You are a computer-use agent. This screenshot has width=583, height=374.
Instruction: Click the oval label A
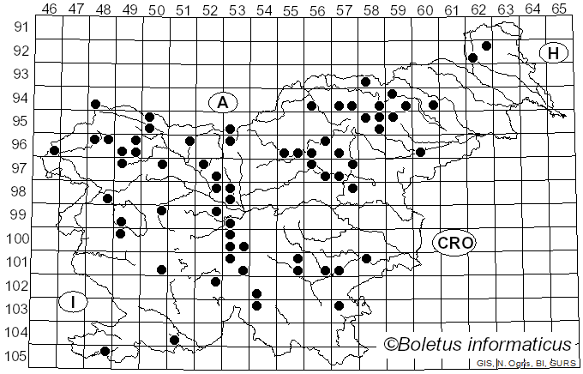click(x=222, y=102)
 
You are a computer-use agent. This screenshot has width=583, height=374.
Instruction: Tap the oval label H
click(x=554, y=53)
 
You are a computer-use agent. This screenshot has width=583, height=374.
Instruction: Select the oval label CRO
click(x=454, y=243)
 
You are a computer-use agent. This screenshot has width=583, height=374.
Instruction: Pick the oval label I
click(x=74, y=301)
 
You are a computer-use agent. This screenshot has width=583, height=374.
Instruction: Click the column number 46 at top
click(x=50, y=9)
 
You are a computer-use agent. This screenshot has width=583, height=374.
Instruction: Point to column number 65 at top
click(x=558, y=9)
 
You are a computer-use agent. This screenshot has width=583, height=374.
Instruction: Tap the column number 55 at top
click(x=291, y=9)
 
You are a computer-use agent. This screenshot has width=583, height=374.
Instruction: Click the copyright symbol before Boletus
click(x=390, y=345)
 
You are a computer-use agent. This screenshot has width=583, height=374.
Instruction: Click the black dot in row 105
click(x=105, y=351)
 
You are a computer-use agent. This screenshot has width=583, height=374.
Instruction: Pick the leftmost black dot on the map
click(x=54, y=151)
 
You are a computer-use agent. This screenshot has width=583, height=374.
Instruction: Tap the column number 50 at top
click(x=157, y=9)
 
